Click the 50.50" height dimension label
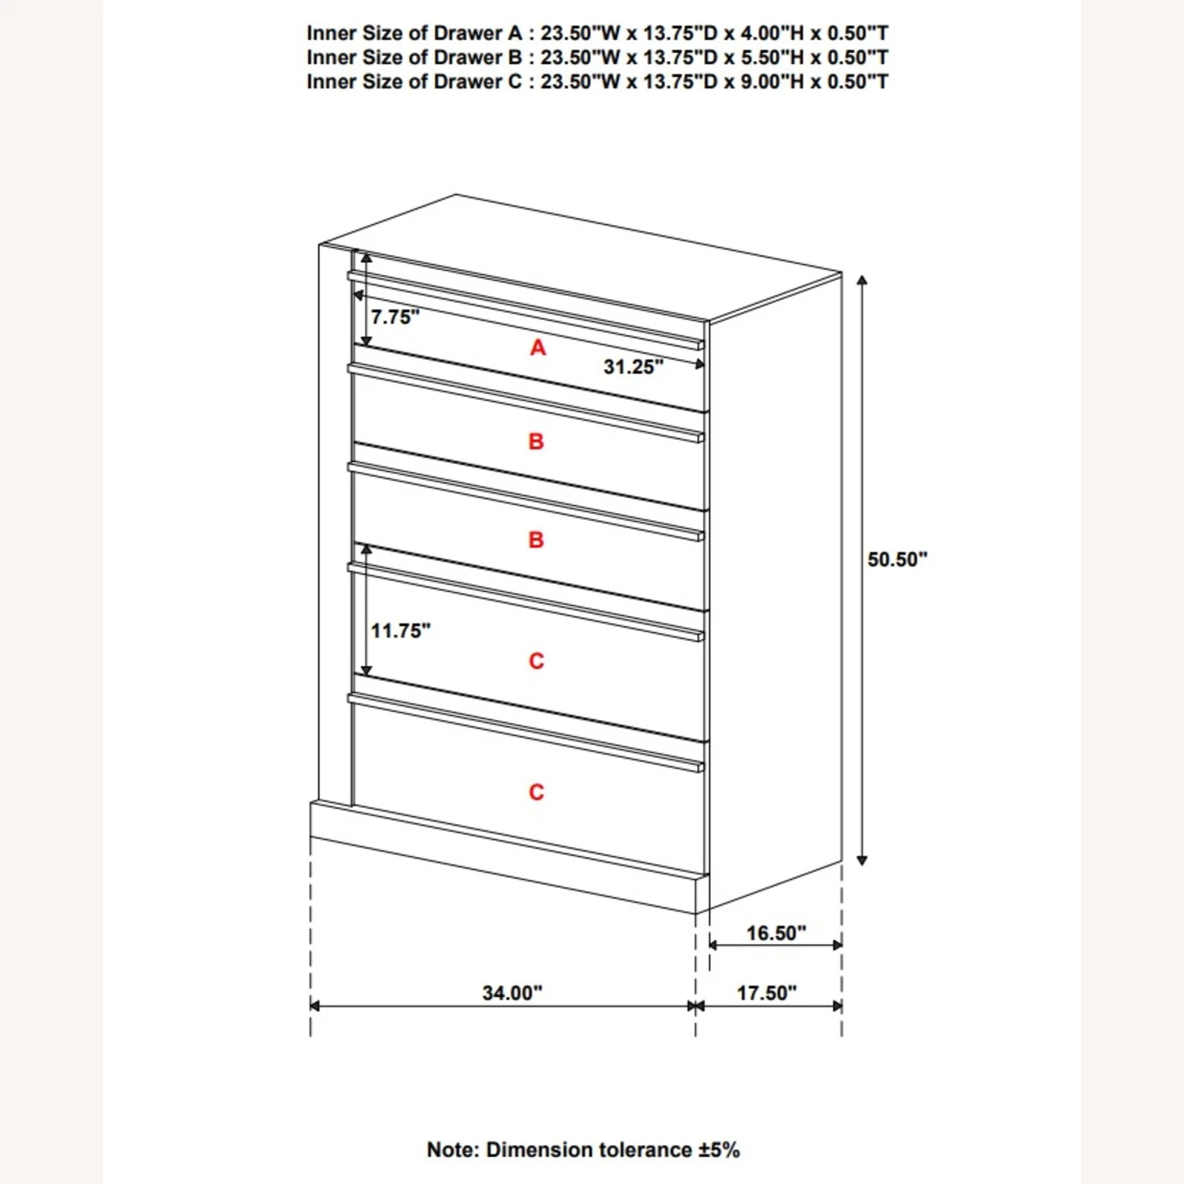coord(897,560)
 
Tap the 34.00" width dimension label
coord(512,992)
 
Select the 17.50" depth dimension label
coord(766,992)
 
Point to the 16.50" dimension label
coord(776,933)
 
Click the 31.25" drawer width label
coord(633,367)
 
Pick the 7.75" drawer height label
coord(395,317)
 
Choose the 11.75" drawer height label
coord(401,631)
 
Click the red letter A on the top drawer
coord(538,347)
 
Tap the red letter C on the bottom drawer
coord(537,792)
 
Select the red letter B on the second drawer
coord(536,441)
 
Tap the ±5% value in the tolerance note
coord(719,1150)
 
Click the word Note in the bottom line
coord(452,1150)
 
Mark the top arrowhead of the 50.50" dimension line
coord(862,280)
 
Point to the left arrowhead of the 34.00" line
coord(315,1006)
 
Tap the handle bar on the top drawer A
coord(525,309)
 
